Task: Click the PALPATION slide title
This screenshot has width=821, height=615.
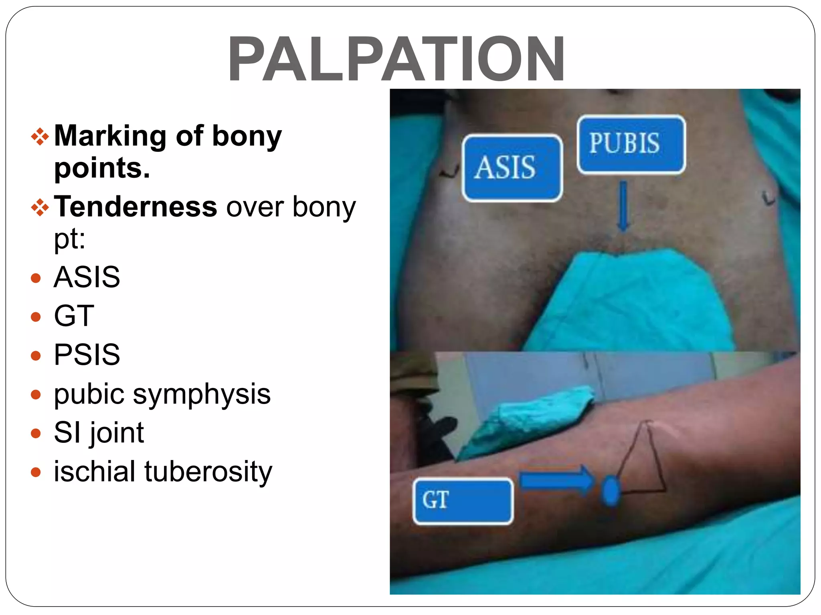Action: (x=396, y=58)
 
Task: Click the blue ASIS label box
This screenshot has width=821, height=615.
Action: (x=512, y=168)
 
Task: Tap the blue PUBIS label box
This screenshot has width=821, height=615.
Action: (x=631, y=144)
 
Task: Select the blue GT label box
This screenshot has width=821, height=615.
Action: (x=463, y=501)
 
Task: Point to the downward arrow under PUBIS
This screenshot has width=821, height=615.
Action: (x=623, y=206)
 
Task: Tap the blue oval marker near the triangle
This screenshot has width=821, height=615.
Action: (x=611, y=491)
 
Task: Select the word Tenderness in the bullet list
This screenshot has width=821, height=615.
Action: (x=135, y=207)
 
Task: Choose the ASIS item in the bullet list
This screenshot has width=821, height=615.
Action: (x=87, y=277)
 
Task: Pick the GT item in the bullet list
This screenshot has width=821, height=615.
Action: (x=74, y=316)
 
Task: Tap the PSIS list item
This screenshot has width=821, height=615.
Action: (x=87, y=354)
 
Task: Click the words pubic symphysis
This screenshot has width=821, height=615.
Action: (x=162, y=394)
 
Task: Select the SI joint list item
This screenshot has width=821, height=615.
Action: (x=99, y=432)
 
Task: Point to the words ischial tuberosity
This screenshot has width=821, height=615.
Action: (x=163, y=472)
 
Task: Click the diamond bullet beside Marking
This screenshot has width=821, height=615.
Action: (x=40, y=137)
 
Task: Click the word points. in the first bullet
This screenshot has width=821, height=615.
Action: (x=102, y=168)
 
